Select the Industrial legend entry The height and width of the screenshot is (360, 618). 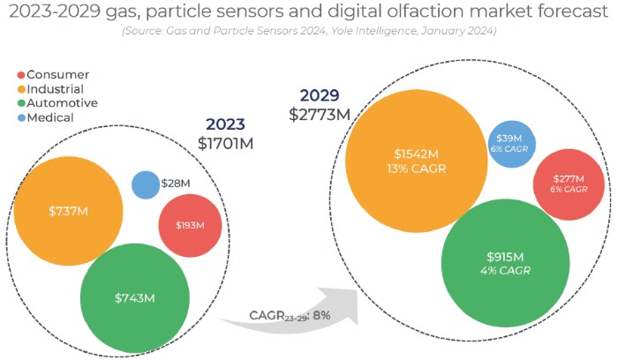point(55,89)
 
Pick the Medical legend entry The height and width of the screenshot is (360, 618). point(49,116)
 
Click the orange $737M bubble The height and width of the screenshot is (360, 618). point(68,211)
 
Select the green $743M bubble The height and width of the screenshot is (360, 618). point(134,297)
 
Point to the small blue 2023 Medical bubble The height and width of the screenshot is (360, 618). point(145,184)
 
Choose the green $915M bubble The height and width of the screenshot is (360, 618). point(504,262)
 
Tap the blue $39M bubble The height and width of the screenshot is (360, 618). point(509,144)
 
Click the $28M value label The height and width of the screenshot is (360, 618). point(175,184)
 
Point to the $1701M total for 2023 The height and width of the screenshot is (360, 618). point(225,143)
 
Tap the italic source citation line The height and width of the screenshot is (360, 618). point(308,31)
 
